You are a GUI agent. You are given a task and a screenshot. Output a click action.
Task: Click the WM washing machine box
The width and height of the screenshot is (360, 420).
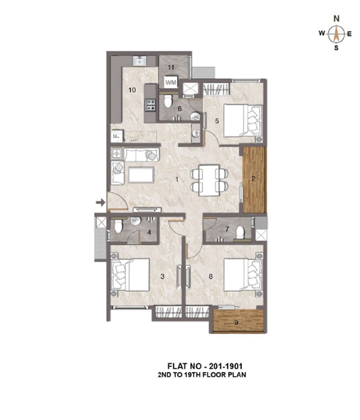[170, 82]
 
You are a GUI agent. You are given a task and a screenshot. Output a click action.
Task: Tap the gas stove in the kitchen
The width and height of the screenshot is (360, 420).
[150, 105]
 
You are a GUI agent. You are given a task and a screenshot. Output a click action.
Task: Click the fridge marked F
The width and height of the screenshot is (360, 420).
[117, 136]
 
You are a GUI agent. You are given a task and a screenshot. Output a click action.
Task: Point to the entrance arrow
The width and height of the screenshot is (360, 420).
[101, 202]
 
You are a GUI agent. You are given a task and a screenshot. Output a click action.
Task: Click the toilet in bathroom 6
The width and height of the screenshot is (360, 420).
[168, 101]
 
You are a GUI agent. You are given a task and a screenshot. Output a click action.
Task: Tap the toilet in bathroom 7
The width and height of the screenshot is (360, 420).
[240, 232]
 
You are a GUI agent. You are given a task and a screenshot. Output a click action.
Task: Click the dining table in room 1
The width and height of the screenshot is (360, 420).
[209, 180]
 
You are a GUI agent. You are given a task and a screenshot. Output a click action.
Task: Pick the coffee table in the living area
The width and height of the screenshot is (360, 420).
[141, 175]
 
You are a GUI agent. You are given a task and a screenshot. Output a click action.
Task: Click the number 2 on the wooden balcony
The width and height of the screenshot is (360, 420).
[253, 179]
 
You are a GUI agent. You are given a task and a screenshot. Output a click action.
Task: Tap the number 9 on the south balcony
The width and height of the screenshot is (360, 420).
[236, 323]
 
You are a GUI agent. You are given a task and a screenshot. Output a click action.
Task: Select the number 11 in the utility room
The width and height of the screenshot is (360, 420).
[171, 67]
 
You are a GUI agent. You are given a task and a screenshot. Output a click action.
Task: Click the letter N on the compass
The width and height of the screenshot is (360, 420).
[337, 19]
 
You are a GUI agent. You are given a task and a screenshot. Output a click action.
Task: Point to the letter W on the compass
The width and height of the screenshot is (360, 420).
[322, 33]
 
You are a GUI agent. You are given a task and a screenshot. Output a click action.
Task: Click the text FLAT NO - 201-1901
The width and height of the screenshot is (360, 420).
[205, 366]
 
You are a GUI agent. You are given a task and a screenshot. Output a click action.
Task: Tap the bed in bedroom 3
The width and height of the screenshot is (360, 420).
[130, 275]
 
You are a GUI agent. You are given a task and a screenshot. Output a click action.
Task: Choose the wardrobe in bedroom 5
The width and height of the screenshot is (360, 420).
[217, 89]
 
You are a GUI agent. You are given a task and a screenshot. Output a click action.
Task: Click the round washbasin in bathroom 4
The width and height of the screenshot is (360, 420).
[136, 221]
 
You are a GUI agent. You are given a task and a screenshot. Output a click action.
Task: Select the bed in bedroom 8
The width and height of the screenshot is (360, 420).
[243, 275]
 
